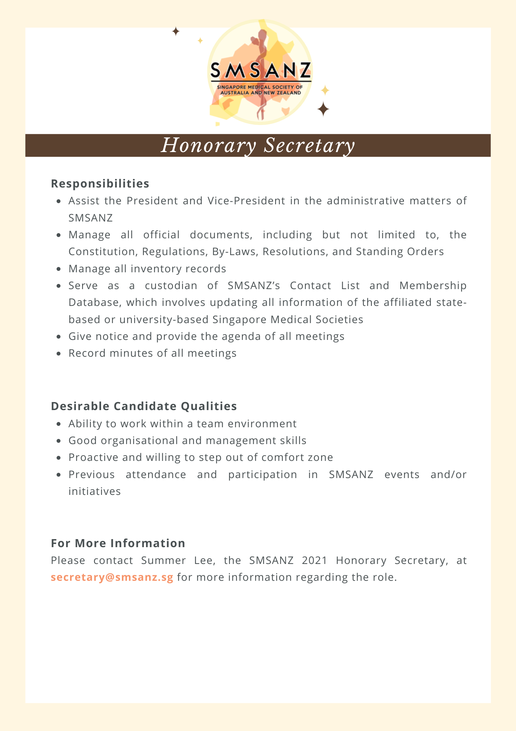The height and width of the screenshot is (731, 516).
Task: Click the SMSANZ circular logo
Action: (x=260, y=72)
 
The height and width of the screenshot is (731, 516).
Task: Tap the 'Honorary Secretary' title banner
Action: (x=258, y=145)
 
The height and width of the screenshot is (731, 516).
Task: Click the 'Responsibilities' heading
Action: (x=100, y=183)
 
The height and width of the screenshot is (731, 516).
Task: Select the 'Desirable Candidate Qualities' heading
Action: (x=144, y=406)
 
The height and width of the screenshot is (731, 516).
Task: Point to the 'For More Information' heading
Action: (x=118, y=543)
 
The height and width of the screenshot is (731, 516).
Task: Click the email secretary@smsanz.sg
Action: (x=112, y=577)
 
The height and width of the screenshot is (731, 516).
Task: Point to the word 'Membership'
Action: (x=433, y=285)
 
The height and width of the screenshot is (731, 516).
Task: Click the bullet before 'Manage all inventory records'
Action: (x=59, y=269)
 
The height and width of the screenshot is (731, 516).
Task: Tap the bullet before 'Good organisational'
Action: (x=59, y=441)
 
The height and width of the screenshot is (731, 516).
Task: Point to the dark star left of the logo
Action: (x=176, y=31)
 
